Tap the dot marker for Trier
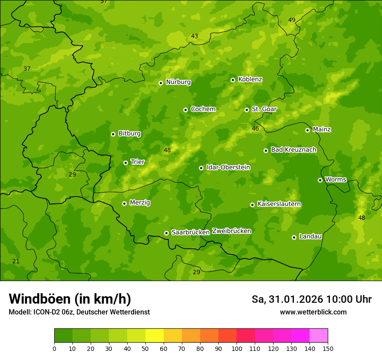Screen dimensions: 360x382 tap(125, 163)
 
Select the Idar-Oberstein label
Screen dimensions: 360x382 tap(228, 167)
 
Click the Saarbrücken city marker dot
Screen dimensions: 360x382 tap(166, 233)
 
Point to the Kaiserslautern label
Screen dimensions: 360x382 tap(279, 204)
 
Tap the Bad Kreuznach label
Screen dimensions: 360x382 tap(293, 150)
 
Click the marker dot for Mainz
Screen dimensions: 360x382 tap(307, 130)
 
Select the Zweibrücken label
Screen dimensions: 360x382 tap(231, 231)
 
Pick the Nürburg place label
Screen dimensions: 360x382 tap(178, 82)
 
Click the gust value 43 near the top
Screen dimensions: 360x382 tap(194, 36)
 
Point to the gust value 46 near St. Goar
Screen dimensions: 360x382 tap(255, 129)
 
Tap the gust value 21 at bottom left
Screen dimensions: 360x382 tap(16, 261)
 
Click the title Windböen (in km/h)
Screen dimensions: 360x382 tap(70, 299)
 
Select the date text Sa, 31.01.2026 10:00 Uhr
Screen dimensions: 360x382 tap(311, 299)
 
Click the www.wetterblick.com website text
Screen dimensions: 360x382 tap(313, 312)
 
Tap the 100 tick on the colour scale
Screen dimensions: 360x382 tap(237, 348)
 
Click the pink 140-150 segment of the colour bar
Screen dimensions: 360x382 tap(319, 335)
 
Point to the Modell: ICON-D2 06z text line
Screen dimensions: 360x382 tap(79, 312)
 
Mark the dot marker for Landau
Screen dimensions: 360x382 tap(294, 237)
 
